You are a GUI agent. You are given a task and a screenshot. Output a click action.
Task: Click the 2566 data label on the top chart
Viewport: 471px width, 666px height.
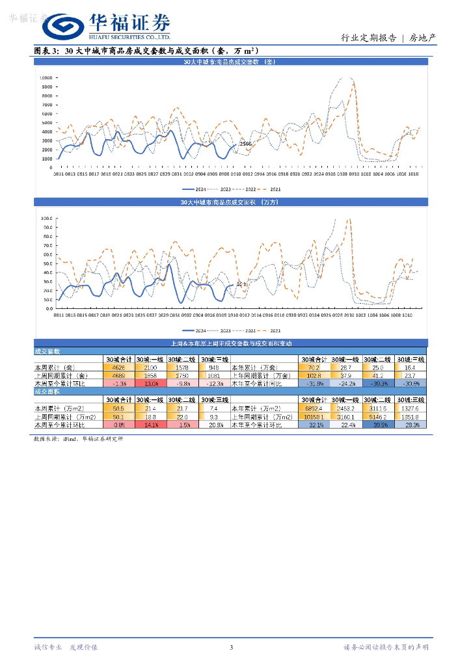(x=246, y=144)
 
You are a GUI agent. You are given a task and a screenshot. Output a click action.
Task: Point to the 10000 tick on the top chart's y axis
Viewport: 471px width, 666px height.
(x=47, y=77)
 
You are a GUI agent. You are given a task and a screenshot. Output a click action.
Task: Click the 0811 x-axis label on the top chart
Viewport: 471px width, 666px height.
(x=58, y=174)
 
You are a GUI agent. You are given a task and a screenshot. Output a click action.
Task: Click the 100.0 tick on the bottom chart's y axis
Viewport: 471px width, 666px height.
(x=47, y=219)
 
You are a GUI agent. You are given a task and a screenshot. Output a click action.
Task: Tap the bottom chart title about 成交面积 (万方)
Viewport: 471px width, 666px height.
(x=230, y=203)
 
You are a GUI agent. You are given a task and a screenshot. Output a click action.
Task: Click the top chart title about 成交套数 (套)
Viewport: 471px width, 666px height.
(x=230, y=62)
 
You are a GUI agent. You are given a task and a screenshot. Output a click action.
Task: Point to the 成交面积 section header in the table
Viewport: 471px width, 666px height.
(x=47, y=392)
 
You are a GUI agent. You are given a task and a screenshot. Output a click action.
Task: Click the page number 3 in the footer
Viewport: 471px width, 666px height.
(x=231, y=647)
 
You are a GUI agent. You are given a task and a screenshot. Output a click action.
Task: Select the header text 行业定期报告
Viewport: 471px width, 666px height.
(x=369, y=38)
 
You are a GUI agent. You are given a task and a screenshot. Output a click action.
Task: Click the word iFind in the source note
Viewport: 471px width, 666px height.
(x=70, y=439)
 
